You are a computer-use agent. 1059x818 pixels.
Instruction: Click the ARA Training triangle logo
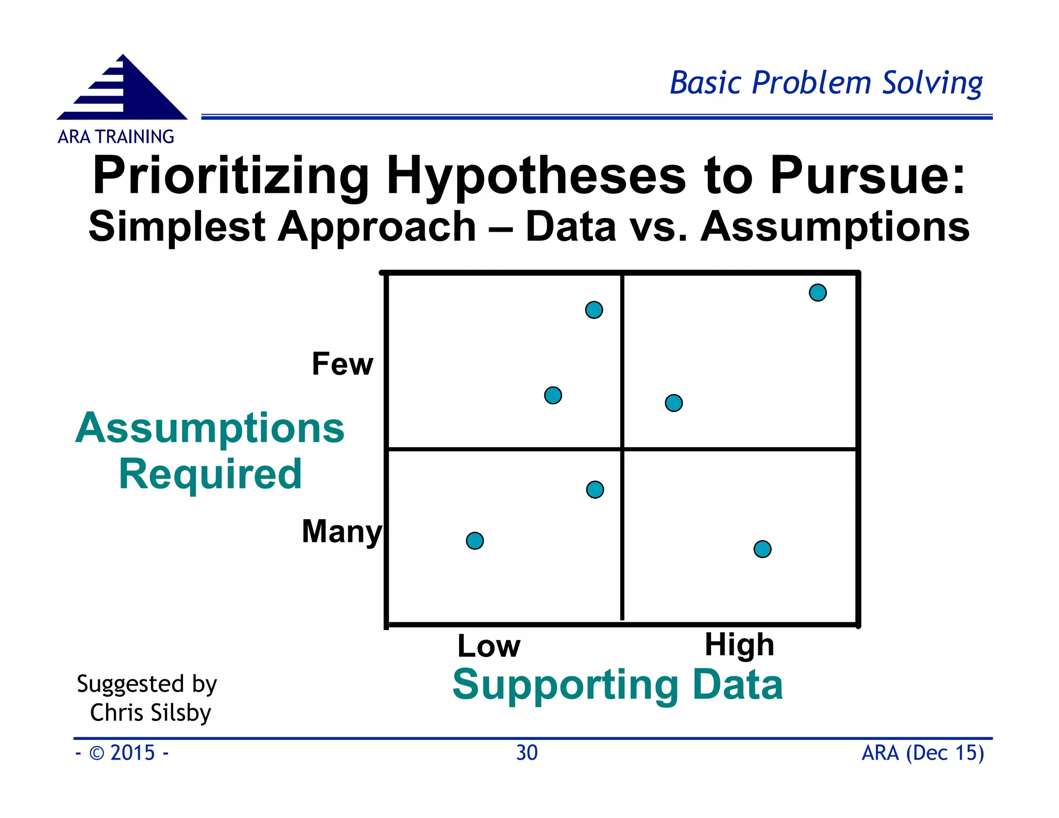coord(123,91)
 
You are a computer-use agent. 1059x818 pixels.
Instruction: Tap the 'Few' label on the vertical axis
coord(342,364)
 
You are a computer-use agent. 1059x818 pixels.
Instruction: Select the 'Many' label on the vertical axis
coord(341,532)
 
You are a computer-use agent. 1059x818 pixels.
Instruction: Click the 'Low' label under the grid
coord(489,646)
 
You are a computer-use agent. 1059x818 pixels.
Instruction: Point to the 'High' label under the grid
coord(739,645)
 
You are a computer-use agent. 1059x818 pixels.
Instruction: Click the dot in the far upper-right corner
coord(818,293)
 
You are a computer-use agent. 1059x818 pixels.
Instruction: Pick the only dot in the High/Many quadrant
coord(762,549)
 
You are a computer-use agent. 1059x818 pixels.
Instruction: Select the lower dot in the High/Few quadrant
coord(673,403)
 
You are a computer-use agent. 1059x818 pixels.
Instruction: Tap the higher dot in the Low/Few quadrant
coord(594,310)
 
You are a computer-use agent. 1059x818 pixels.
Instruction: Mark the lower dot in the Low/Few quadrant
coord(553,396)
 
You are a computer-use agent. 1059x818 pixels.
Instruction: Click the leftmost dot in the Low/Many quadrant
coord(475,541)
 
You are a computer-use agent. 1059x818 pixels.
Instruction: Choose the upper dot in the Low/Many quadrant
coord(595,489)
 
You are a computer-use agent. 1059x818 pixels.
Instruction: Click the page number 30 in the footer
coord(527,753)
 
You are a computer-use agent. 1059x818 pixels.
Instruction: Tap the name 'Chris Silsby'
coord(150,713)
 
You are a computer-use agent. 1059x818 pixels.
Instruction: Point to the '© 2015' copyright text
coord(123,753)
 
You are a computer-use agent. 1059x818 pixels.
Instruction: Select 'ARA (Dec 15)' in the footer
coord(922,753)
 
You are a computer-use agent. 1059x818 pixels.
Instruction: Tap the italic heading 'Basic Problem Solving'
coord(826,83)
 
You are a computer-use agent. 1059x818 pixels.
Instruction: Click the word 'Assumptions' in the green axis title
coord(210,428)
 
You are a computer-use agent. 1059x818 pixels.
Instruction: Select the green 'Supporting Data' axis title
coord(617,685)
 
